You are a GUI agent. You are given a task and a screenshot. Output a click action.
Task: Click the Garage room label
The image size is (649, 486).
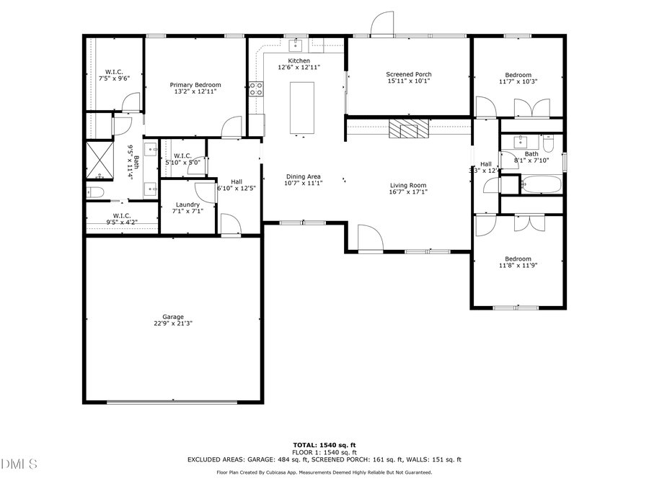tap(172, 316)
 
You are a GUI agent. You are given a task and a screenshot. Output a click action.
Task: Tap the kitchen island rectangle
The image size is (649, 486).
tap(302, 108)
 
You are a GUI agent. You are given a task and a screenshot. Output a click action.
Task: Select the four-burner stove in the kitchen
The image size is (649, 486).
tap(256, 89)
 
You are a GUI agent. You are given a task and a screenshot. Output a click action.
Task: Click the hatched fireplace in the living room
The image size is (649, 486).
tap(408, 129)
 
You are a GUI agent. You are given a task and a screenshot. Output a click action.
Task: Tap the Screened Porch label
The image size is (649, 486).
tap(408, 74)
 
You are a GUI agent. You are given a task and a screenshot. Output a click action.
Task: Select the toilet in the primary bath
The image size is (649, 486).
tap(95, 192)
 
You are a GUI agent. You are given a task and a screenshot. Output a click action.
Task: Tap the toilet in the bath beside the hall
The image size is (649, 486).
tap(548, 146)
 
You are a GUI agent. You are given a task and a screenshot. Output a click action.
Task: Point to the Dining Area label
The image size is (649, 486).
tap(304, 176)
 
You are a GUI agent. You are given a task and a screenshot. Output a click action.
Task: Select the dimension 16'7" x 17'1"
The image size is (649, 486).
tap(408, 192)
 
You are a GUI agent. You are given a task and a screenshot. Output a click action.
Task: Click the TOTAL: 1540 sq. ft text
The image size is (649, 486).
tap(324, 445)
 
